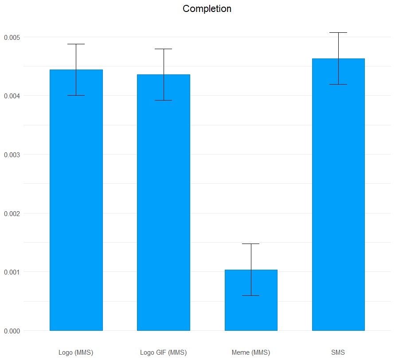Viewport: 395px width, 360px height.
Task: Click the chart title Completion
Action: click(207, 9)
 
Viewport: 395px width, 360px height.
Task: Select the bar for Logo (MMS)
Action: click(76, 200)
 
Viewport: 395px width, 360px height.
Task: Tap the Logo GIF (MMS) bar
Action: click(164, 202)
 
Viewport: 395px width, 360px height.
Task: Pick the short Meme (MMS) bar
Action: click(251, 300)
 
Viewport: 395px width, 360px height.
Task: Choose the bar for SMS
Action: click(338, 194)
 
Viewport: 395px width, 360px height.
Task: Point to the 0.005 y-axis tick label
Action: click(12, 38)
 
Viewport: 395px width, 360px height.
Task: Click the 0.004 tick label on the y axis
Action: click(12, 96)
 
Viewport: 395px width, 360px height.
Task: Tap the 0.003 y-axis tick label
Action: click(12, 155)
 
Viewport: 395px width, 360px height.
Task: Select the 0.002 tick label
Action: click(12, 213)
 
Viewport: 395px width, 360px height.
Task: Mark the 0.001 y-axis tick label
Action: click(12, 272)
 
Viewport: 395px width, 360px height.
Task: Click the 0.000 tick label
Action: click(12, 331)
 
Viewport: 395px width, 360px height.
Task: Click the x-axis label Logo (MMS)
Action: click(76, 352)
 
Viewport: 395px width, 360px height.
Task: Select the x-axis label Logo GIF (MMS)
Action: click(163, 352)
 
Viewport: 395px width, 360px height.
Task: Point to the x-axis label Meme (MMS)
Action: click(251, 352)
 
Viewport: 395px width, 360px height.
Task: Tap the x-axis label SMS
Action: click(338, 352)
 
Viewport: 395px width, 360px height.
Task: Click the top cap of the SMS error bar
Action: click(338, 32)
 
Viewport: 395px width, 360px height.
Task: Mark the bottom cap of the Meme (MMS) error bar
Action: click(251, 296)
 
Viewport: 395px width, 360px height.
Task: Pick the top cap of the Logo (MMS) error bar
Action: click(76, 44)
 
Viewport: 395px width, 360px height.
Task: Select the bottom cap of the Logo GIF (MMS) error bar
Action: click(164, 101)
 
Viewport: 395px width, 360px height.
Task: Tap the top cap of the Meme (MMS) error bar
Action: click(251, 244)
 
